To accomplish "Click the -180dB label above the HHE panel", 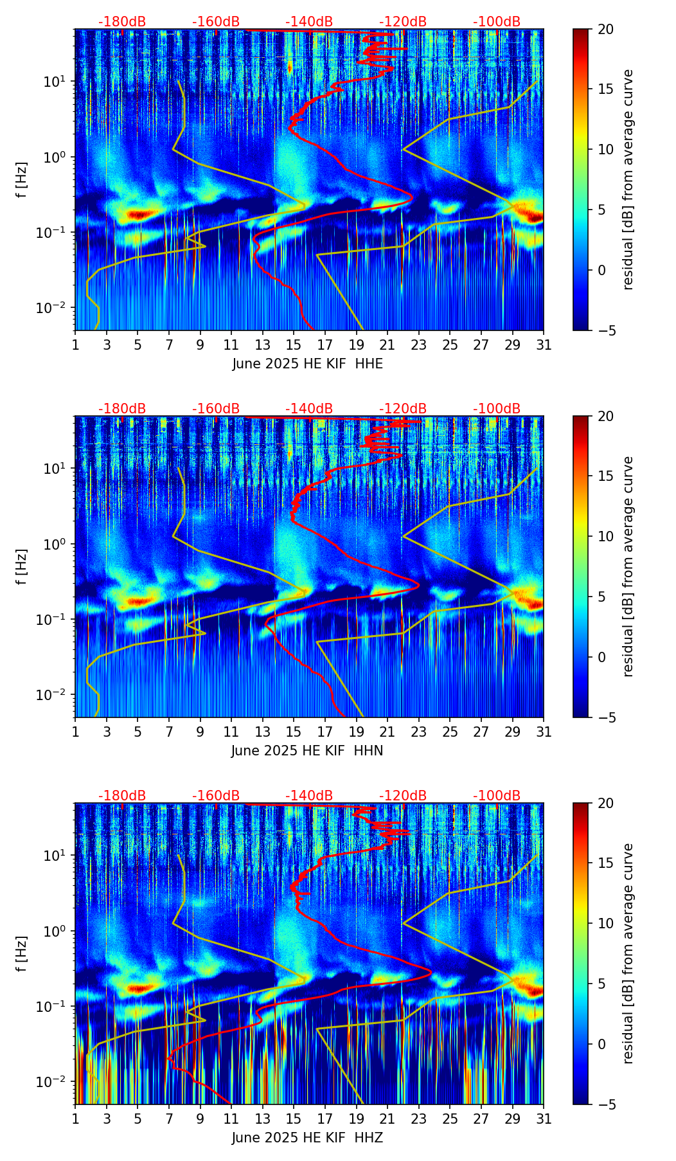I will click(x=122, y=22).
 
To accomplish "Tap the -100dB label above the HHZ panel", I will click(x=497, y=796).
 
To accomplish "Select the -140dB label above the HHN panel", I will click(x=309, y=409).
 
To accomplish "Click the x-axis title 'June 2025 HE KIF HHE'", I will click(x=307, y=364).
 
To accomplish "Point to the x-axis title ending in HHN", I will click(x=307, y=751).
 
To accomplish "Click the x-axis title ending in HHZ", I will click(x=307, y=1138).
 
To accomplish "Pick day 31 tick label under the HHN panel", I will click(x=544, y=732).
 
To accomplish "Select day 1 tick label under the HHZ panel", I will click(x=75, y=1119).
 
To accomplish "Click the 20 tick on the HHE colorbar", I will click(x=605, y=30).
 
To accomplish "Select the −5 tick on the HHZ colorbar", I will click(x=605, y=1104).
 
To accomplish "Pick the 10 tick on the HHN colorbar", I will click(x=605, y=537).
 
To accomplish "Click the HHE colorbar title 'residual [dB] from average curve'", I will click(x=628, y=179).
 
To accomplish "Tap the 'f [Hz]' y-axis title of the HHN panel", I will click(x=22, y=567).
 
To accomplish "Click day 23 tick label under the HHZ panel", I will click(x=418, y=1119).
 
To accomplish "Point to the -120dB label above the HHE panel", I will click(x=403, y=22).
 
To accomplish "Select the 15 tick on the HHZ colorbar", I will click(x=605, y=863).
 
